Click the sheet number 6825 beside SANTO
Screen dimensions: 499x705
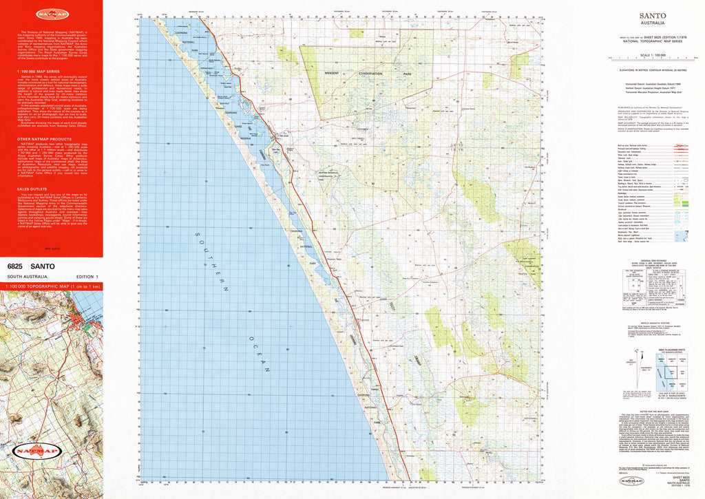(16, 265)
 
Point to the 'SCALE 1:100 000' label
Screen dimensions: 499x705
(651, 55)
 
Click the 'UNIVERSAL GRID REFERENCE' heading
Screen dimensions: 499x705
(651, 263)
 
